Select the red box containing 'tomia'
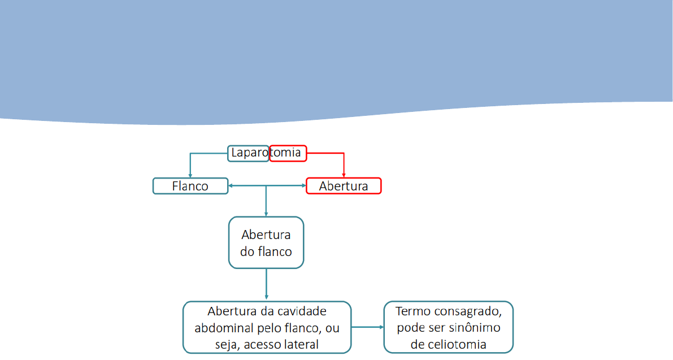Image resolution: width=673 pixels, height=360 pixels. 288,153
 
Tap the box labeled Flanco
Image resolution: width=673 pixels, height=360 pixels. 190,186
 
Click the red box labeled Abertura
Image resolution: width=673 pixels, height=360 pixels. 343,186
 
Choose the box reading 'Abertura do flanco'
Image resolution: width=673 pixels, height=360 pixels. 266,242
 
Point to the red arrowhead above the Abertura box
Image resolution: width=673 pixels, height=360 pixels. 344,175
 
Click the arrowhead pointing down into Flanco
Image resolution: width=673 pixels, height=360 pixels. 190,175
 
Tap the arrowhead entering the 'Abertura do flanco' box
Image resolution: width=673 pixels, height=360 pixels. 266,214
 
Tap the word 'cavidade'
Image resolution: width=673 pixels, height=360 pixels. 305,311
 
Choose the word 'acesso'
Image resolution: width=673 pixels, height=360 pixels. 262,344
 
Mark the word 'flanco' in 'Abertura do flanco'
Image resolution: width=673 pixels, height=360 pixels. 275,251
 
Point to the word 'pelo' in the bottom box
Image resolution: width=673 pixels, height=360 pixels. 262,328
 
